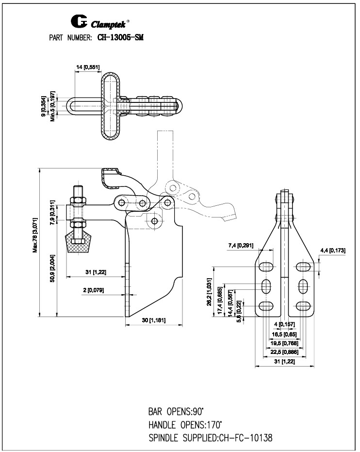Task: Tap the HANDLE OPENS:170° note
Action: coord(185,424)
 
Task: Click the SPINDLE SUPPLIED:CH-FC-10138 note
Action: coord(210,437)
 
